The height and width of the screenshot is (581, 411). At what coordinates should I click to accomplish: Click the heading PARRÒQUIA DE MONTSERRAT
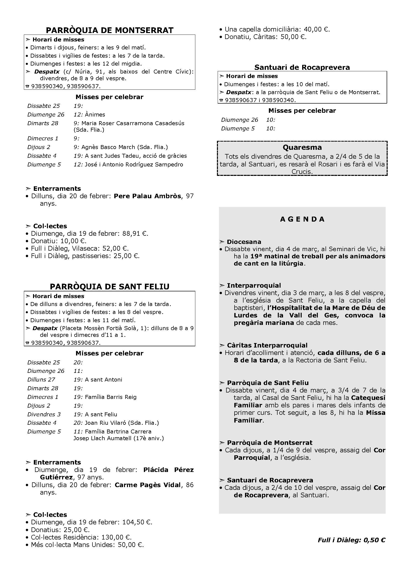[110, 30]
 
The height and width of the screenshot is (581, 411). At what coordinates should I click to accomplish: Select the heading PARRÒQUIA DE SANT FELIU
[110, 286]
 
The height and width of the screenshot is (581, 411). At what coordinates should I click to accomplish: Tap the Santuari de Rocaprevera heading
[302, 67]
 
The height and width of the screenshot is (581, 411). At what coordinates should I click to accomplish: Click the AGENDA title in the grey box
[302, 219]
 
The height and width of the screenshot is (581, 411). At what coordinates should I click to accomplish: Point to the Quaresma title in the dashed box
[302, 147]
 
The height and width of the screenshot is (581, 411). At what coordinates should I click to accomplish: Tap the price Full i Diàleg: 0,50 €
[352, 540]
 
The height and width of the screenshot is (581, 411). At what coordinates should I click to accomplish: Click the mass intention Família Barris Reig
[111, 397]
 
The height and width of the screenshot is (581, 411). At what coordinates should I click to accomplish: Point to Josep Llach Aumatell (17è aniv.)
[119, 438]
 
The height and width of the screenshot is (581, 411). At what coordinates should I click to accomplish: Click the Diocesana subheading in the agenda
[244, 242]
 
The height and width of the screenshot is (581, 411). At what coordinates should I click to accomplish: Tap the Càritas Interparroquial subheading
[267, 346]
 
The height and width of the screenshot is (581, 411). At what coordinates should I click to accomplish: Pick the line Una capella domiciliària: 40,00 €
[277, 29]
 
